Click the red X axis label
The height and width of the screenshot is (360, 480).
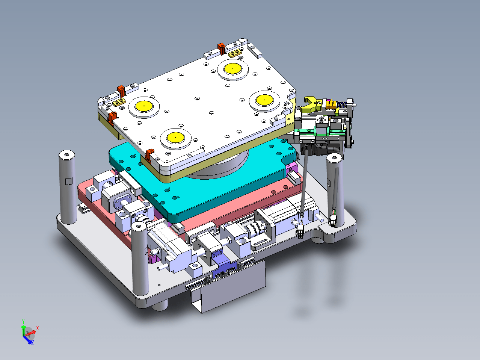coord(38,328)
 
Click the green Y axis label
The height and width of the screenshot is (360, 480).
coord(23,321)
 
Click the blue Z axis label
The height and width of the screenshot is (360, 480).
coord(33,342)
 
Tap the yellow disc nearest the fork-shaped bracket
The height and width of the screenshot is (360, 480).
coord(264,100)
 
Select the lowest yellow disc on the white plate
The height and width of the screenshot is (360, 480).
coord(176,138)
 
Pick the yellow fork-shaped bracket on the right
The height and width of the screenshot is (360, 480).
coord(312,105)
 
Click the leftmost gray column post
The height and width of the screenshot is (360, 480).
coord(68,187)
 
